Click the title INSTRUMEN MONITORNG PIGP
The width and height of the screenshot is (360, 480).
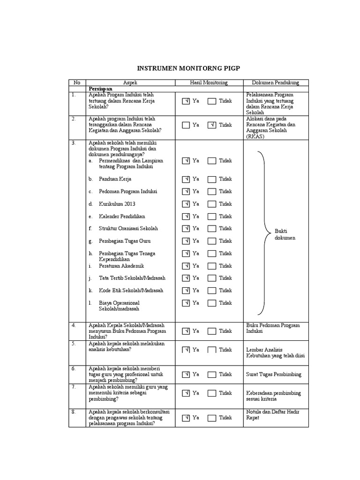[188, 68]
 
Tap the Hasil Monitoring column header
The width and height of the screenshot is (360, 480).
[209, 82]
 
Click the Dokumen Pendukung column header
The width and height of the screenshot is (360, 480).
[276, 82]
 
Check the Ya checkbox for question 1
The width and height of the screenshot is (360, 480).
[186, 101]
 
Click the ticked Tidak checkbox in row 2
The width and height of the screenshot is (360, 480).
[212, 125]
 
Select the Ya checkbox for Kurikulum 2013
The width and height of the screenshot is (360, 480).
[186, 204]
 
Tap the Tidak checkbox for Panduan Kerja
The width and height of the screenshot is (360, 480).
[212, 179]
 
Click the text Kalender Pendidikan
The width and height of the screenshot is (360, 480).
[122, 216]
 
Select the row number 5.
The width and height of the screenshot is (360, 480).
[74, 343]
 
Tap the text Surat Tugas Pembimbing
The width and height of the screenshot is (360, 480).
[274, 375]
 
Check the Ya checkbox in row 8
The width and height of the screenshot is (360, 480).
[186, 418]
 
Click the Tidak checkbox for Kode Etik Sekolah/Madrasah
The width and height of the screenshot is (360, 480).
[212, 290]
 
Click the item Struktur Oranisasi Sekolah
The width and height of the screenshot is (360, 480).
[128, 228]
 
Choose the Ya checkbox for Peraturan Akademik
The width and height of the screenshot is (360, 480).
[186, 266]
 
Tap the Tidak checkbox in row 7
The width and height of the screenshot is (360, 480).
[212, 393]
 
